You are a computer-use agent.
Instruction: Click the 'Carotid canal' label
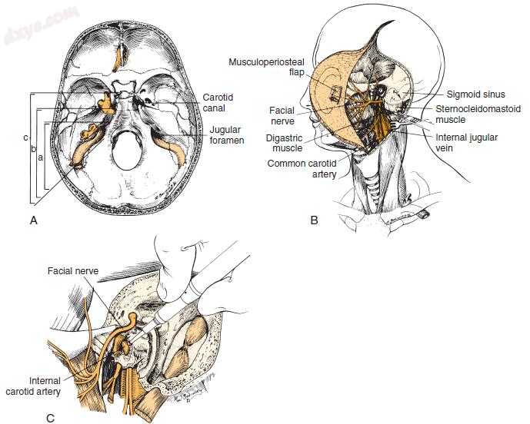tap(218, 103)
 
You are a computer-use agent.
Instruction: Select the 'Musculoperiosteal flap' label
tap(266, 67)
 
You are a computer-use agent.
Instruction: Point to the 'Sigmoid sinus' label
tap(475, 94)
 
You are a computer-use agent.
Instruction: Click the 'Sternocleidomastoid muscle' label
tap(478, 114)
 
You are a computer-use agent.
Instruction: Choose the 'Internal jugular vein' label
tap(466, 142)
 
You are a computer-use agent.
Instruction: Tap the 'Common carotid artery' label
tap(302, 168)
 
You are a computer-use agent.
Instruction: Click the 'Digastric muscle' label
tap(284, 143)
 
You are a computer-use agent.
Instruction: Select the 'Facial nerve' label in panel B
tap(282, 115)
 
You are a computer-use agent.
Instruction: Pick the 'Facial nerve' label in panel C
tap(73, 270)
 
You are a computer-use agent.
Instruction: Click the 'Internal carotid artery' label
tap(33, 386)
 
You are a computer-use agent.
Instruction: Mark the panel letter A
tap(34, 220)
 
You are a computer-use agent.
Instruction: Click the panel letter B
tap(314, 220)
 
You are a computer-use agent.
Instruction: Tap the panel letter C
tap(50, 419)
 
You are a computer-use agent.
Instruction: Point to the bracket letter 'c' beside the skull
tap(25, 137)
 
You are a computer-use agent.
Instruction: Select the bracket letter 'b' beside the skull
tap(34, 148)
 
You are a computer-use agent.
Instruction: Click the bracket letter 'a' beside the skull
tap(41, 157)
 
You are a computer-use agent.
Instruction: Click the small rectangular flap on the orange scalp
tap(336, 94)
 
